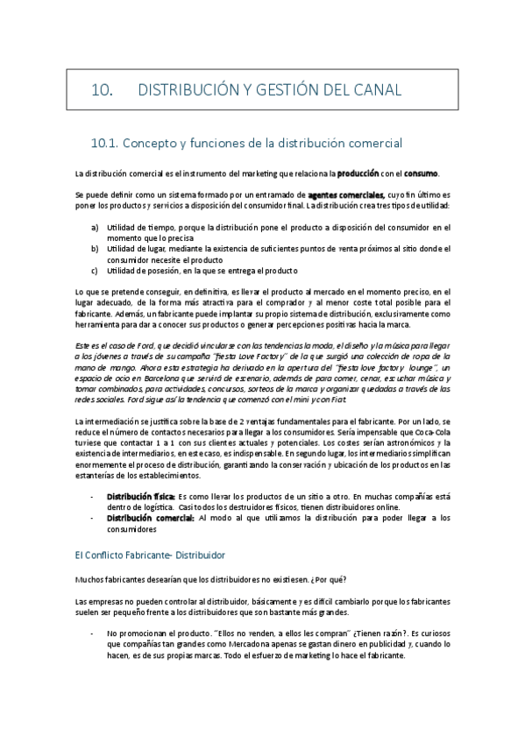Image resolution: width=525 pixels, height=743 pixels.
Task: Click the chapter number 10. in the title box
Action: coord(104,90)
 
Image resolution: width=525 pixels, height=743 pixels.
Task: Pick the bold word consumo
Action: coord(422,173)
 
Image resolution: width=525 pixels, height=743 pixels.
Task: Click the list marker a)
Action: coord(95,228)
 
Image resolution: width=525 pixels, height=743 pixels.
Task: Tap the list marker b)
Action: coord(95,249)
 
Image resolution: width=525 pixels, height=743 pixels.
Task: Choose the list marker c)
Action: coord(95,271)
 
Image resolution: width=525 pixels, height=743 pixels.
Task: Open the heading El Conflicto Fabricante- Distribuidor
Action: coord(151,555)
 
